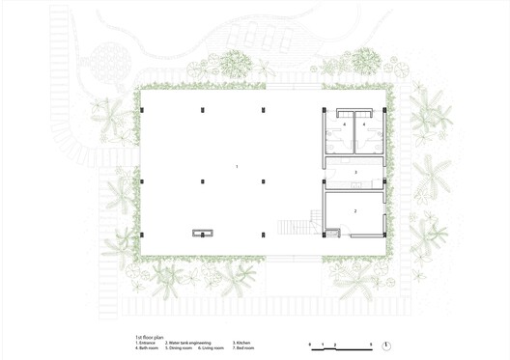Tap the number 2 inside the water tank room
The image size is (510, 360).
(354, 209)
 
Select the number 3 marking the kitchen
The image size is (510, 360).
(354, 173)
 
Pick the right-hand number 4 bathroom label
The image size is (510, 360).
(364, 125)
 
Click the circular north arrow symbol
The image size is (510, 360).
(386, 346)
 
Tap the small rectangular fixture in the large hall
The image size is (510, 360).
(203, 232)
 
